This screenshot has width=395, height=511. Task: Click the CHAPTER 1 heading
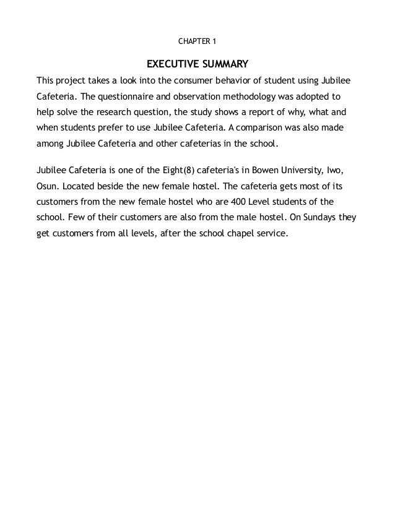[x=197, y=42]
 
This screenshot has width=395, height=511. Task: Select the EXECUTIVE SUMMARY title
[x=197, y=64]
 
